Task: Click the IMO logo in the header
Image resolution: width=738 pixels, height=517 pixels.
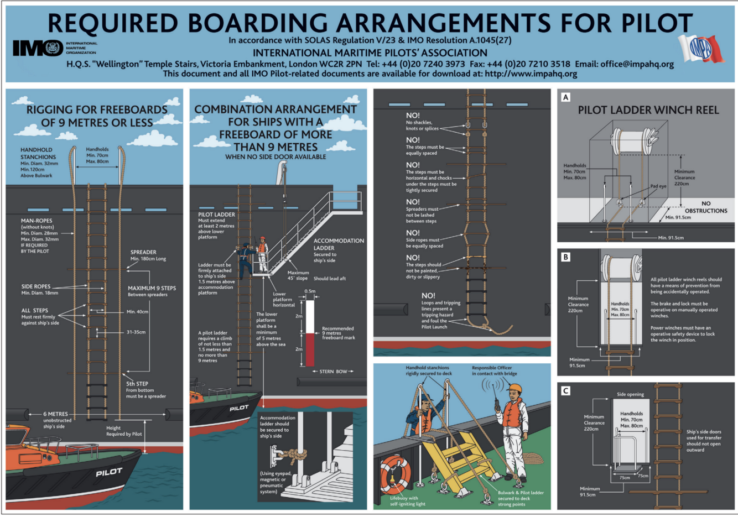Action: click(x=38, y=48)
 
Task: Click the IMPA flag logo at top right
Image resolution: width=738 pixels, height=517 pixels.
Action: click(x=701, y=49)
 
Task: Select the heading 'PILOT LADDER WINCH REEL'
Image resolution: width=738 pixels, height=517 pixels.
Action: click(x=648, y=110)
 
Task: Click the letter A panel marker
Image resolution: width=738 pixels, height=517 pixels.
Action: click(x=565, y=97)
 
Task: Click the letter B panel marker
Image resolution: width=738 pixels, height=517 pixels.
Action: click(x=565, y=257)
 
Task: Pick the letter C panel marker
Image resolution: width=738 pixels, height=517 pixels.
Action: click(x=565, y=391)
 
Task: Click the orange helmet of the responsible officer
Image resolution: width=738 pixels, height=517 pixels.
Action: click(x=514, y=388)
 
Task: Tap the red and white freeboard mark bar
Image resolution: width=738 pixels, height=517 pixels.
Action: click(x=310, y=333)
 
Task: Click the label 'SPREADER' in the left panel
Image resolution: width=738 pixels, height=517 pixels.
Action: click(x=143, y=252)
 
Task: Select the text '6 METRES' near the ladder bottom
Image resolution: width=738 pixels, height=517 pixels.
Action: click(x=56, y=414)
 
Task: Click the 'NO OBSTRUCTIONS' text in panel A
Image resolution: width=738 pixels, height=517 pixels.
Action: click(x=706, y=207)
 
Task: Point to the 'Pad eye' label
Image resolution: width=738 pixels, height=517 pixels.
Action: click(x=658, y=186)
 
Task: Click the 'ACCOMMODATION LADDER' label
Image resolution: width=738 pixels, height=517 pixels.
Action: click(x=339, y=244)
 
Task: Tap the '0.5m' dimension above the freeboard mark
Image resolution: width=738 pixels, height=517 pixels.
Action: click(x=310, y=291)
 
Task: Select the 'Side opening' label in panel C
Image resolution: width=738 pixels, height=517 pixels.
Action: click(x=630, y=394)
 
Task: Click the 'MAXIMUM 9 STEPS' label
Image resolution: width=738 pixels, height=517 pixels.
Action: click(x=152, y=288)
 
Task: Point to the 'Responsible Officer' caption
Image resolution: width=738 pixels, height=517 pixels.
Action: click(x=492, y=368)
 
